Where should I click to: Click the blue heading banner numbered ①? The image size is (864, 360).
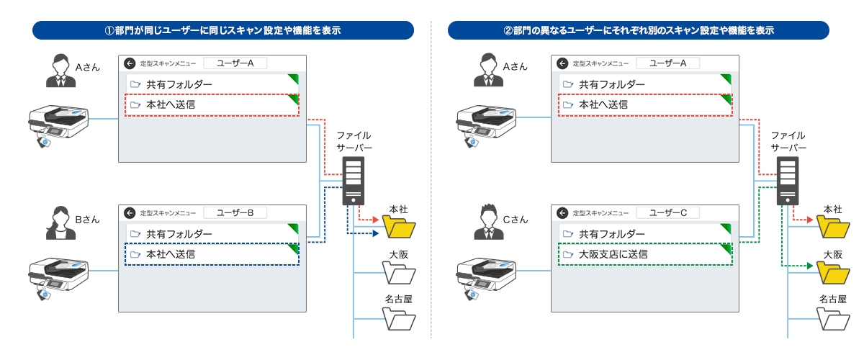223,30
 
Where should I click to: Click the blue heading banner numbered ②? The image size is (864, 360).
638,30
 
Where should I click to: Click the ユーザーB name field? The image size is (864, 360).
235,212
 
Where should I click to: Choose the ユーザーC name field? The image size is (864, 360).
668,212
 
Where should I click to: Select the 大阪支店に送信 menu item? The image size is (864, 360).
645,254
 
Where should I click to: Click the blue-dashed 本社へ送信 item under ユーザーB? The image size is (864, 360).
212,254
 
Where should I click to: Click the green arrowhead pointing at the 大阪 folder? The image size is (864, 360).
810,266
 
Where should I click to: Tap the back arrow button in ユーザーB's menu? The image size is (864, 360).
130,213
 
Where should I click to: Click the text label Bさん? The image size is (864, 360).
88,219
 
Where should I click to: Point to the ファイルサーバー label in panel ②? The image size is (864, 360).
788,141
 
